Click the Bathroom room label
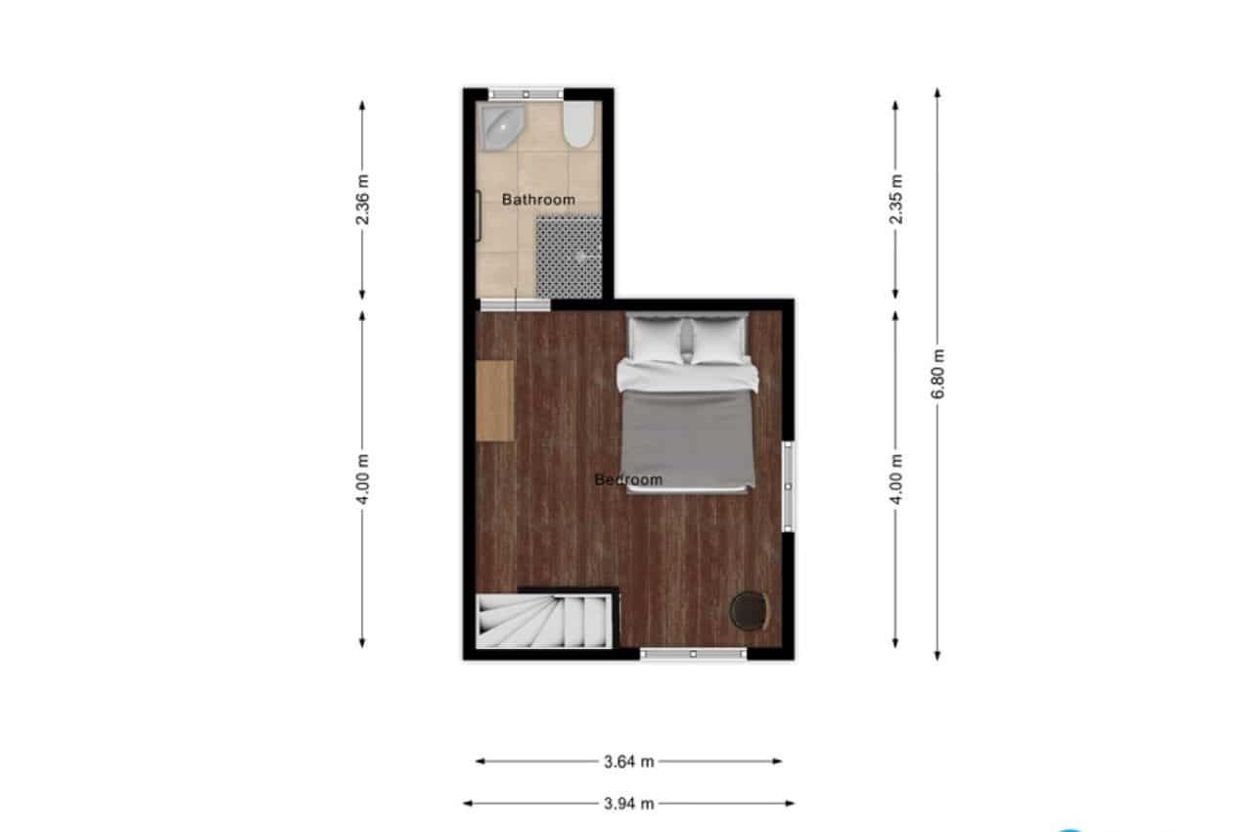tap(538, 200)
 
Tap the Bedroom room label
tap(628, 480)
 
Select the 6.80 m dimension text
tap(937, 373)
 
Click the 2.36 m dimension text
tap(362, 200)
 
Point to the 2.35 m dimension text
tap(895, 200)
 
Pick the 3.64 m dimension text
tap(628, 763)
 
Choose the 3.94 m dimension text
tap(628, 804)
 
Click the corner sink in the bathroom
tap(501, 126)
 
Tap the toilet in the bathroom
tap(578, 124)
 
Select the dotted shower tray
tap(569, 257)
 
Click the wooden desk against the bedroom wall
tap(495, 401)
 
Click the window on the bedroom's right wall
tap(789, 486)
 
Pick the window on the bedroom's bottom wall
tap(693, 654)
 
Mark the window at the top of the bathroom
tap(526, 94)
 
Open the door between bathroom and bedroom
tap(515, 305)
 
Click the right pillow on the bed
tap(718, 341)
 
